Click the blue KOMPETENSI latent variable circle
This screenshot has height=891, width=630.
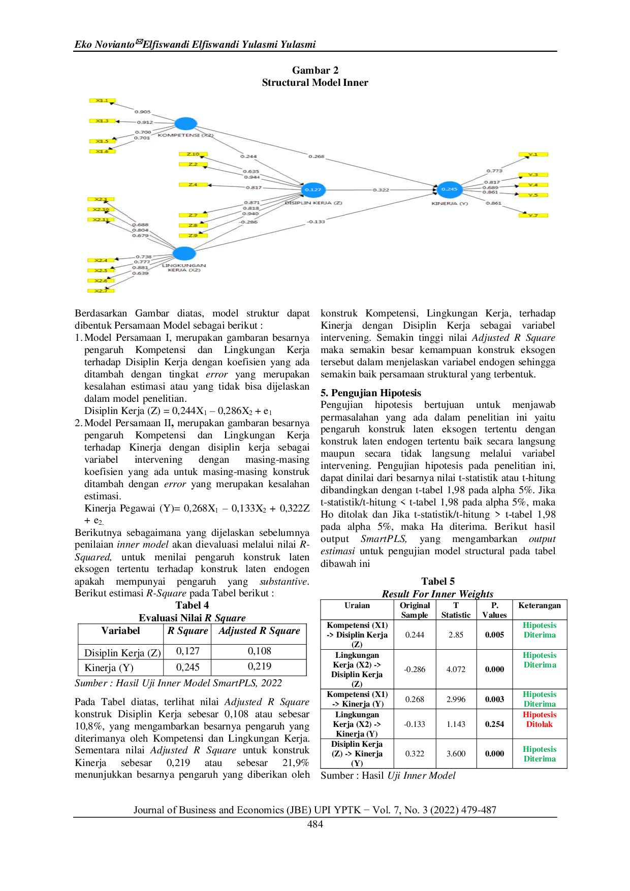click(185, 123)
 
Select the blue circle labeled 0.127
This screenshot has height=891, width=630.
click(313, 189)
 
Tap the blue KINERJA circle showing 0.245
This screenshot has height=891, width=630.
click(450, 189)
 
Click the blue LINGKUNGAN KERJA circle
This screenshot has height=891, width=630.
click(184, 253)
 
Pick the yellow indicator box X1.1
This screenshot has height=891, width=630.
click(102, 101)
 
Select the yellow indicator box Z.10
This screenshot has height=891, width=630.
click(193, 154)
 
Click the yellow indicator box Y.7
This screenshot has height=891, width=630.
click(533, 215)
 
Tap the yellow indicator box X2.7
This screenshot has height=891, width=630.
click(101, 291)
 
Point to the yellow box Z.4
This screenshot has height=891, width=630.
click(193, 184)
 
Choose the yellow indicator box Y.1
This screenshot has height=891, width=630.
click(533, 154)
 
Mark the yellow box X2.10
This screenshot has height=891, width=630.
click(101, 209)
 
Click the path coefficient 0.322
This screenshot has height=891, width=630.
click(381, 189)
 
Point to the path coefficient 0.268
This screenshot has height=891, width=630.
click(316, 156)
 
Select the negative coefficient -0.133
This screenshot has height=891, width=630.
click(316, 221)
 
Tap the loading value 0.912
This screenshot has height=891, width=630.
click(145, 122)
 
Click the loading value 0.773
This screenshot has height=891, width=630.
click(494, 171)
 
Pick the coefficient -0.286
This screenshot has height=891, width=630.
click(249, 222)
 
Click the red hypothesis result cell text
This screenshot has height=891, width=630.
click(539, 719)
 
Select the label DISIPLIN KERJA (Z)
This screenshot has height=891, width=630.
click(313, 203)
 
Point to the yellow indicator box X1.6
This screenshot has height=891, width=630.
click(102, 151)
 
